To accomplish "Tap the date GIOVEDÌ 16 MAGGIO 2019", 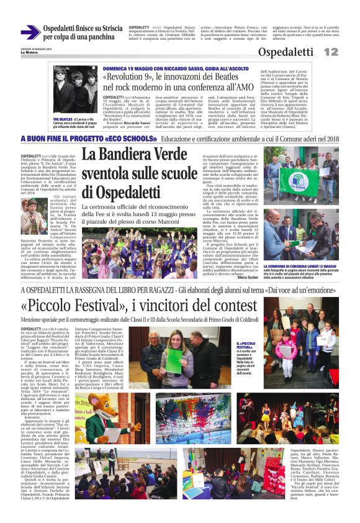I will click(37, 48).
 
